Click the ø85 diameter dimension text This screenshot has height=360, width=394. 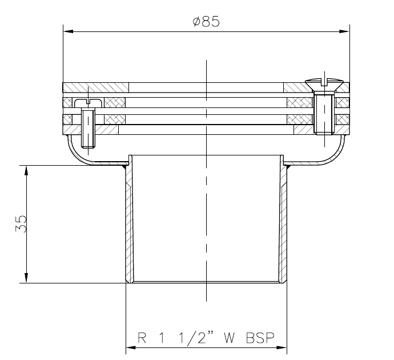206,21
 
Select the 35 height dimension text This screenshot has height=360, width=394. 21,223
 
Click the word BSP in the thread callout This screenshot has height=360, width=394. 260,338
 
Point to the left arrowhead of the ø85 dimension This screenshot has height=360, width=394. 69,31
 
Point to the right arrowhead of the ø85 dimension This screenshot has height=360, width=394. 344,31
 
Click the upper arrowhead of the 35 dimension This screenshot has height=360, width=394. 26,170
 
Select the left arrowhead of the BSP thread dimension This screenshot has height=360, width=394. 131,347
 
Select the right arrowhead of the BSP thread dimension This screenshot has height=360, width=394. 282,347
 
